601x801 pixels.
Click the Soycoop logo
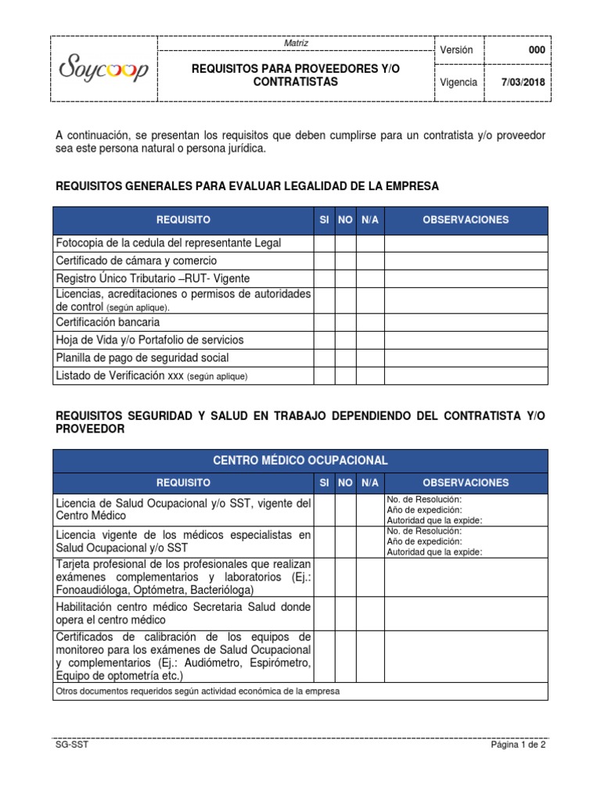105,70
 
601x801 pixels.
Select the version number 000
537,50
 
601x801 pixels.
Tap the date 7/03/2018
524,83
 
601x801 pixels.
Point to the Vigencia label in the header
459,83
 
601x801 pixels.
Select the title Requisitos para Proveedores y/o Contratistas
295,76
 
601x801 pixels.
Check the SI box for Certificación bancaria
324,321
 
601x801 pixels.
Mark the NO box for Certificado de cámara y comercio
345,260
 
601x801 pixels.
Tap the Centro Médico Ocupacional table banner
300,461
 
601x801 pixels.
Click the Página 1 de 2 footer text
518,745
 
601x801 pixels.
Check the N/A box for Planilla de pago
369,357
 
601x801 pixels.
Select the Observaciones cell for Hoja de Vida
465,339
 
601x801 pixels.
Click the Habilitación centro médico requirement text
183,613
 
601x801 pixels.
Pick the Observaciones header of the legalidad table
465,220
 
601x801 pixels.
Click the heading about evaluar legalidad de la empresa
247,186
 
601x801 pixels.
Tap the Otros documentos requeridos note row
198,691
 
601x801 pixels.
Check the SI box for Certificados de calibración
324,656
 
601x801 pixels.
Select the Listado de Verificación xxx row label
152,376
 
